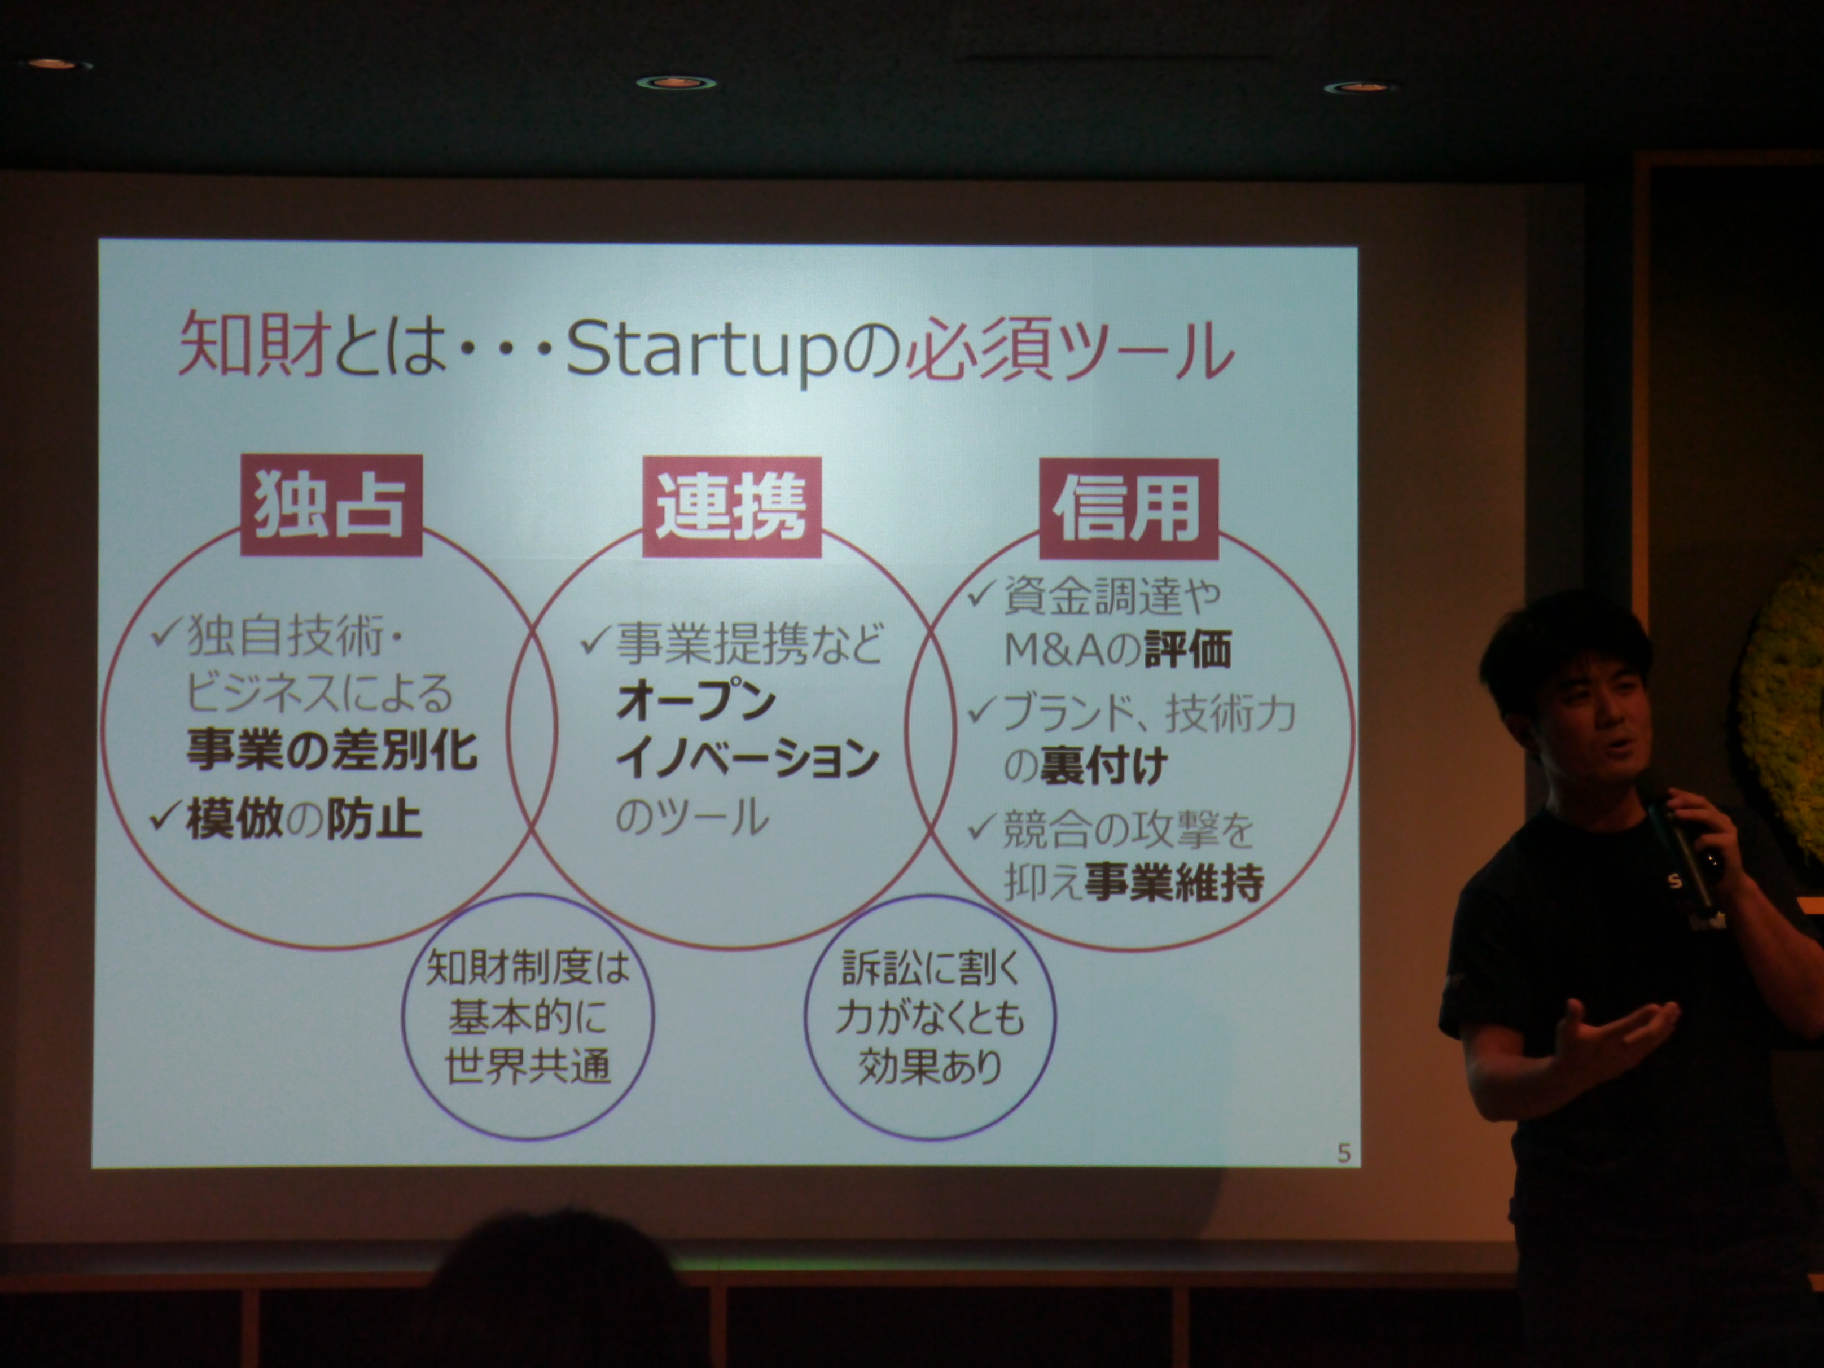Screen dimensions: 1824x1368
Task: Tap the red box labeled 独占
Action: click(x=331, y=506)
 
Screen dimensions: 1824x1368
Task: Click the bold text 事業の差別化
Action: click(x=331, y=751)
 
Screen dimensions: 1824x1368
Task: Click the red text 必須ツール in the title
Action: click(x=1069, y=350)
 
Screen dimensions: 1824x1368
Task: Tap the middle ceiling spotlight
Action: click(x=676, y=82)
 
